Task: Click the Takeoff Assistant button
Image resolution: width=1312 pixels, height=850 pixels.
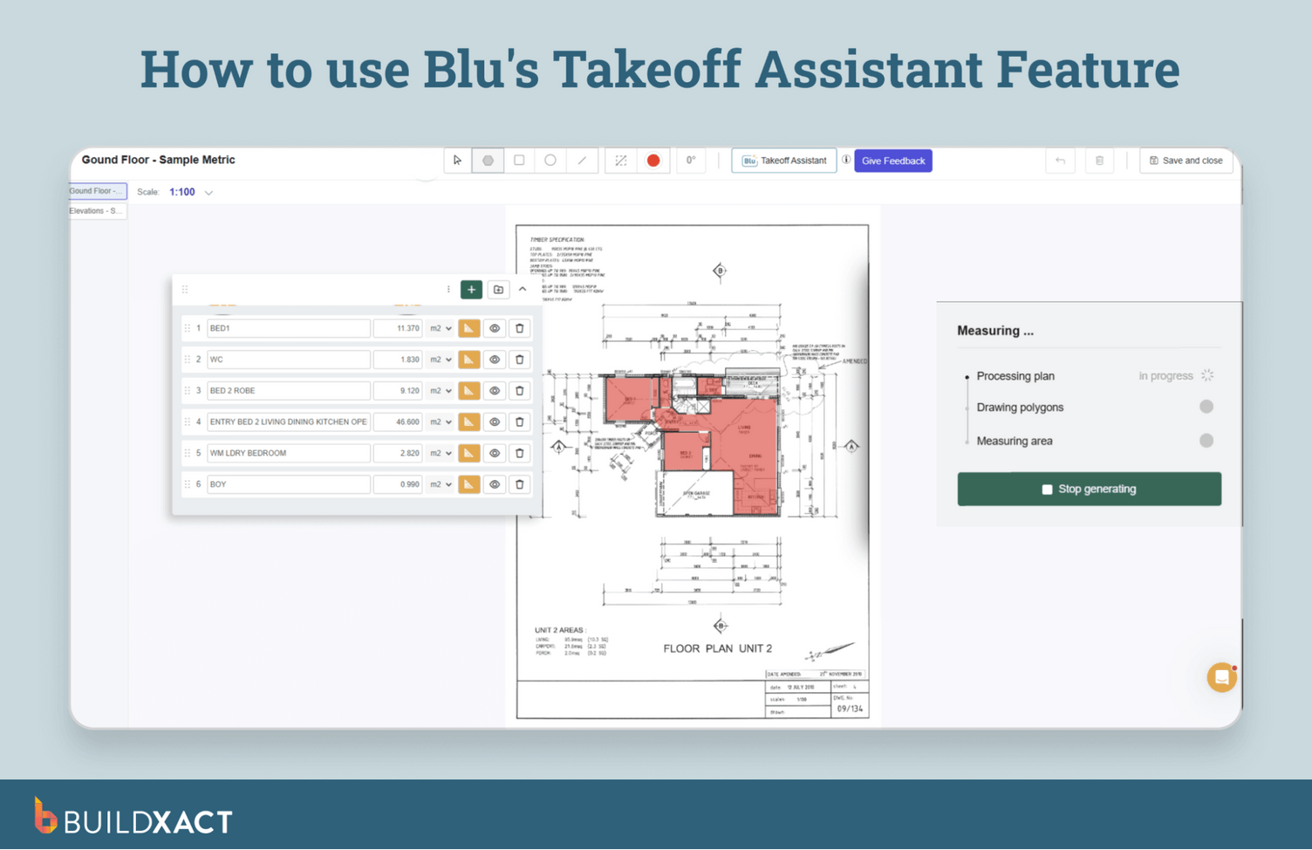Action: point(784,161)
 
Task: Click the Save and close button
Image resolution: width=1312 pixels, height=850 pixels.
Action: point(1186,161)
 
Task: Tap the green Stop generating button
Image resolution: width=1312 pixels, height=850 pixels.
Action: point(1089,489)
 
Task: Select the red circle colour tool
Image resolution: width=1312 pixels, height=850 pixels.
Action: point(653,161)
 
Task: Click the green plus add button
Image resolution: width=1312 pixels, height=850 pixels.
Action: point(471,290)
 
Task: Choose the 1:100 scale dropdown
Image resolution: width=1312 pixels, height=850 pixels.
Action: point(190,192)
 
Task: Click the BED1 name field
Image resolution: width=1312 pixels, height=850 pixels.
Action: point(288,328)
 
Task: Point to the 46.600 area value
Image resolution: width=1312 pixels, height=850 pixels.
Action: point(399,422)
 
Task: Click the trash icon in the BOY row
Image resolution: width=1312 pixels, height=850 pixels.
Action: point(520,484)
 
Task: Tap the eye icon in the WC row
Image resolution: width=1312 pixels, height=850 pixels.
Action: point(495,360)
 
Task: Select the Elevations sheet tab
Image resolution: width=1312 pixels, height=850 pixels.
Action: point(97,211)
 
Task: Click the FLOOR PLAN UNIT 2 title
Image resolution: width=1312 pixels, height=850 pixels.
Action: point(717,648)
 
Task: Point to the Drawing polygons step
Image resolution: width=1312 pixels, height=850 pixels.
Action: point(1020,408)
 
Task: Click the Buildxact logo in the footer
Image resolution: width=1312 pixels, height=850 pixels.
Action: point(133,819)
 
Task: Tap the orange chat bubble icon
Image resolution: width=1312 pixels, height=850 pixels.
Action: point(1221,677)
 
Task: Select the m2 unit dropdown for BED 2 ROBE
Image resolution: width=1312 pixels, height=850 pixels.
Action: point(441,391)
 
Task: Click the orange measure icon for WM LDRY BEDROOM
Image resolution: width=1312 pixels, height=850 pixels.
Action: point(469,453)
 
